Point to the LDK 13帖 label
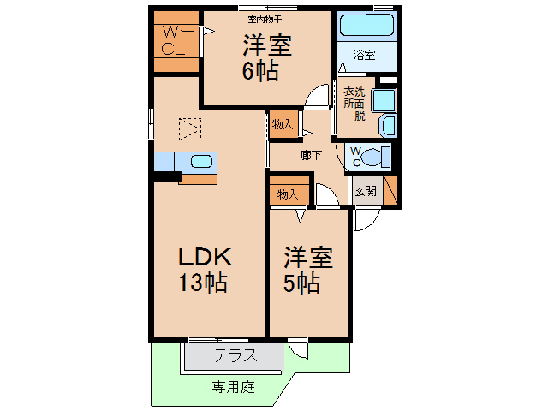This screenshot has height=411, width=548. (x=205, y=269)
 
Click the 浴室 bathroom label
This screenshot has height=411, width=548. (x=364, y=56)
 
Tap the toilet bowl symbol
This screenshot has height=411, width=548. (x=373, y=157)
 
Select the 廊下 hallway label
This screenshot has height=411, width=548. (x=310, y=155)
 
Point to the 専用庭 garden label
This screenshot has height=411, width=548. (x=234, y=387)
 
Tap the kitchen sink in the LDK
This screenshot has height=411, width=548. (x=202, y=162)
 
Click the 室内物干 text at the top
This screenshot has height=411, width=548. (x=265, y=18)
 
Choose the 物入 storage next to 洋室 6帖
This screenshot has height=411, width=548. (x=283, y=125)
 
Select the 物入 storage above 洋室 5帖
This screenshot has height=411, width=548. (x=288, y=194)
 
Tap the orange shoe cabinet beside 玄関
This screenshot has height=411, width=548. (x=390, y=189)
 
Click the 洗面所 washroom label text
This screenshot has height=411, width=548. (x=354, y=103)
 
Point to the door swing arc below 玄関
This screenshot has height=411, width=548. (x=363, y=220)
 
